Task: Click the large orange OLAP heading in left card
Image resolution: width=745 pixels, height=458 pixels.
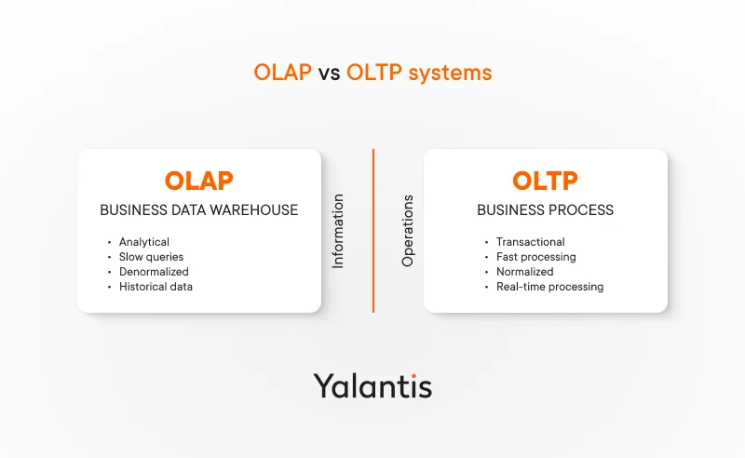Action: pos(198,181)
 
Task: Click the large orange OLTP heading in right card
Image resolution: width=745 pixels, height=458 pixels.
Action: pos(545,181)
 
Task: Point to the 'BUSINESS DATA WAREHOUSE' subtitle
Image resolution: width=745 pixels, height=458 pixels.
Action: pos(198,210)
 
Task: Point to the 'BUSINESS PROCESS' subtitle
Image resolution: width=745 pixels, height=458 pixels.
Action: pos(545,210)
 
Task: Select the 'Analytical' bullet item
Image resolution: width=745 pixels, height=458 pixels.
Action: pos(143,242)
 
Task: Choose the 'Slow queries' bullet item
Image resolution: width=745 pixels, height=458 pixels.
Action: pos(151,257)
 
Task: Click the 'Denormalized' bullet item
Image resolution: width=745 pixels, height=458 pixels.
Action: pos(154,272)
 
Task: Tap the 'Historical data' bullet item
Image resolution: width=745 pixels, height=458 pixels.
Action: pos(156,287)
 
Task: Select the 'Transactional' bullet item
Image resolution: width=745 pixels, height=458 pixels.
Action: pos(530,242)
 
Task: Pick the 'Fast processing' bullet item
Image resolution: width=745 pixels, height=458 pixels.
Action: pos(535,257)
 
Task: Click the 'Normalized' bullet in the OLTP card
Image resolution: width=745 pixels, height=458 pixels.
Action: pos(524,272)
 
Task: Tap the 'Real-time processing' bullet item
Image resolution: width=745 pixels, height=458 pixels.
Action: pos(549,287)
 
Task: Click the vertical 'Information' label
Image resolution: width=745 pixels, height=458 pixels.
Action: pos(338,231)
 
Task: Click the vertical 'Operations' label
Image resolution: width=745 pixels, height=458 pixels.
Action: pos(407,231)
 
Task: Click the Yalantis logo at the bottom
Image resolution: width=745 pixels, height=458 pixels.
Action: pos(372,384)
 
